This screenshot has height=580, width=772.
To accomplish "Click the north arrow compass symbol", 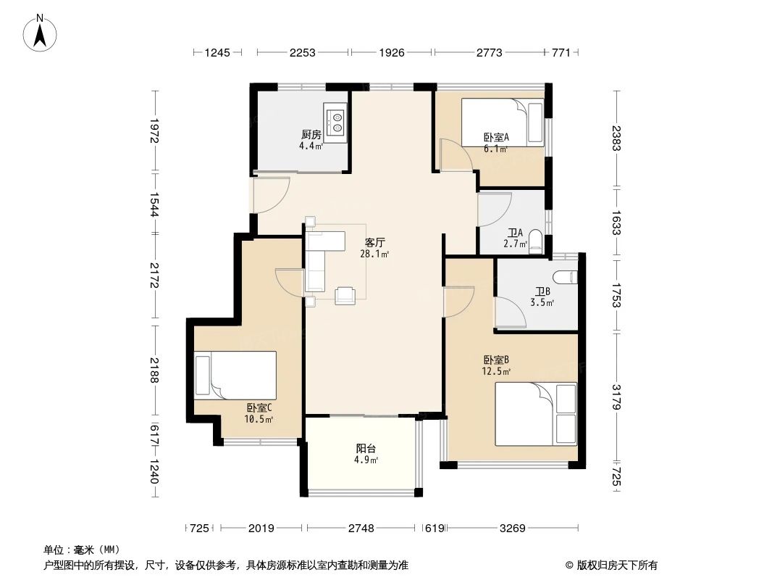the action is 40,33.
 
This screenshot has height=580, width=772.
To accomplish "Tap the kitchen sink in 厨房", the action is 336,123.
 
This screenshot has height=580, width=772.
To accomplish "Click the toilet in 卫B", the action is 564,277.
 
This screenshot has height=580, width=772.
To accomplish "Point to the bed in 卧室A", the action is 503,123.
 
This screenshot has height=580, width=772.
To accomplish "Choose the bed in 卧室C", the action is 235,375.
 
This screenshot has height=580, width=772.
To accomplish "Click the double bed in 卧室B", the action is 536,415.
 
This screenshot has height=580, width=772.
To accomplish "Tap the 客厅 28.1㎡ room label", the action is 374,248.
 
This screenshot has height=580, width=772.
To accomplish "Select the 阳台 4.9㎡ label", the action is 366,454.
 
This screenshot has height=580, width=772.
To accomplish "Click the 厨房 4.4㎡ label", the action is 311,139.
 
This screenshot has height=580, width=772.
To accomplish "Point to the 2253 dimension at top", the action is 302,52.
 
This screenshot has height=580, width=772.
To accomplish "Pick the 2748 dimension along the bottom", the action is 361,529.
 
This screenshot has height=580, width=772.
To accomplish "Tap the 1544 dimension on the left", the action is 154,204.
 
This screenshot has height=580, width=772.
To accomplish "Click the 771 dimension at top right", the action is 561,52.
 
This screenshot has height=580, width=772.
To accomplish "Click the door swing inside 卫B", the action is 511,311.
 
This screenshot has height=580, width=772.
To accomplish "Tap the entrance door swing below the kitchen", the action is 270,194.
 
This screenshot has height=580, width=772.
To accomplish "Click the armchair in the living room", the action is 345,295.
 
